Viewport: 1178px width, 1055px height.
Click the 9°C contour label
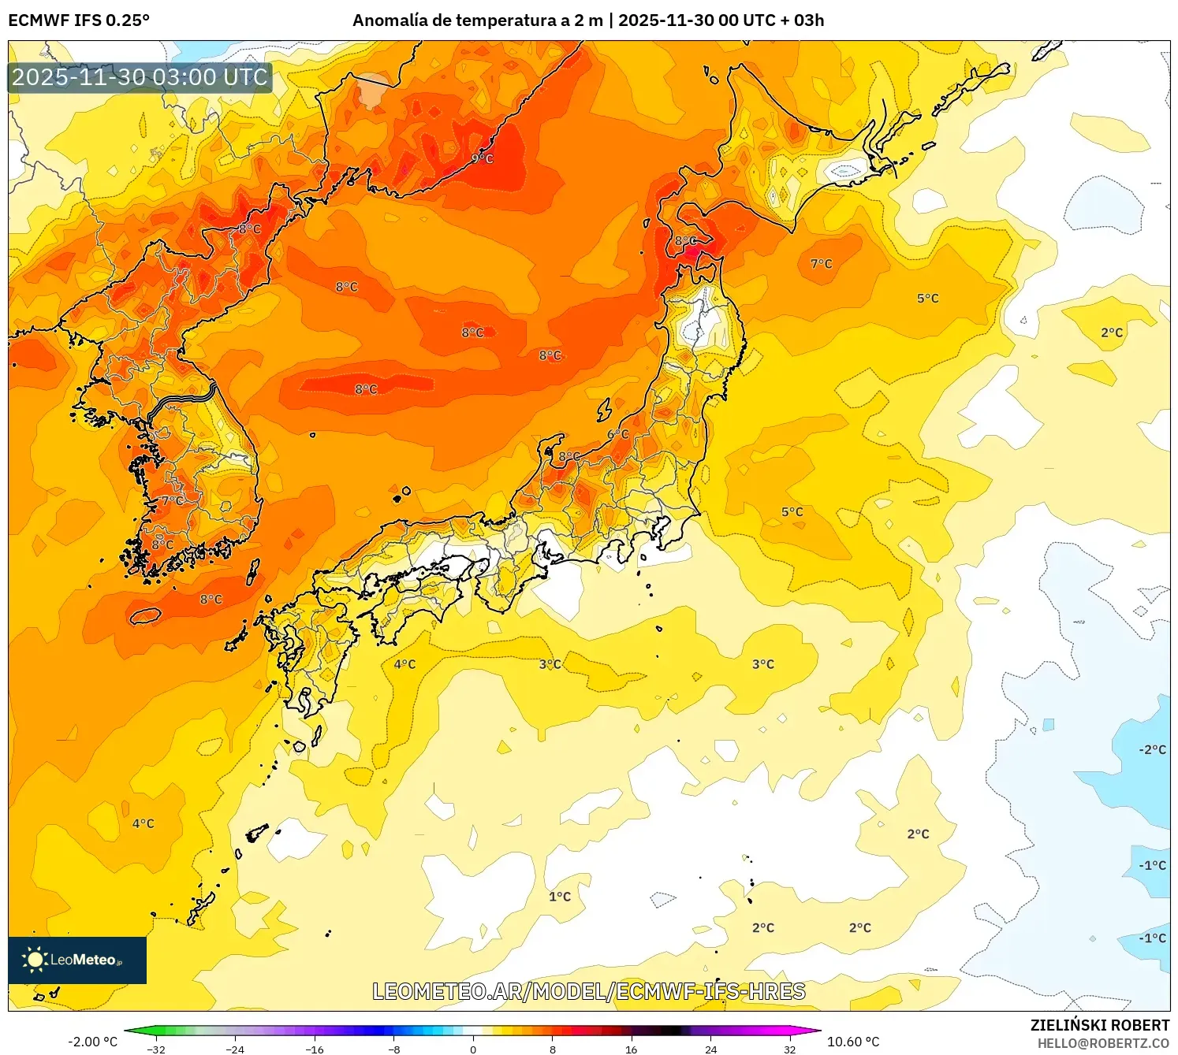click(x=482, y=158)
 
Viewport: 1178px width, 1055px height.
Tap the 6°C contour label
click(x=618, y=434)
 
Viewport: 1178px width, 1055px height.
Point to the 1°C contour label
click(x=560, y=897)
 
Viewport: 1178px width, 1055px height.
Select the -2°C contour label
click(x=1152, y=749)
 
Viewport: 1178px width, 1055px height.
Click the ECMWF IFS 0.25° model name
click(x=79, y=20)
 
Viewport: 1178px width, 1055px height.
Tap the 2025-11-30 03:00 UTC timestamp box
click(x=140, y=77)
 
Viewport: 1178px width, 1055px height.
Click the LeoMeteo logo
click(x=77, y=960)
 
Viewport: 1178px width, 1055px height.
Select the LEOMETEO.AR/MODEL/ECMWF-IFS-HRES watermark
click(x=588, y=991)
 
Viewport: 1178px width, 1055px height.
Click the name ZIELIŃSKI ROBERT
click(x=1100, y=1025)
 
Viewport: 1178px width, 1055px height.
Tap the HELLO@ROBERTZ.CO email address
click(x=1103, y=1043)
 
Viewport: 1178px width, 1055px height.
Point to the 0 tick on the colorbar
click(x=473, y=1049)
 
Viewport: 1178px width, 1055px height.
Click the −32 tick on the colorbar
click(x=156, y=1049)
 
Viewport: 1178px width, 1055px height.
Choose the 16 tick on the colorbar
click(x=631, y=1049)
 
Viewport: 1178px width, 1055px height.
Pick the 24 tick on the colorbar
click(x=710, y=1049)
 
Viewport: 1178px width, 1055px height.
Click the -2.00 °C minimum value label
click(x=92, y=1042)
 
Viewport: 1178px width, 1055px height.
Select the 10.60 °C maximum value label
click(x=853, y=1042)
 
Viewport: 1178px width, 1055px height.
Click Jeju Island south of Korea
click(x=145, y=615)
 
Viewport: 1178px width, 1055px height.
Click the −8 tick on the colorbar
click(x=394, y=1049)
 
